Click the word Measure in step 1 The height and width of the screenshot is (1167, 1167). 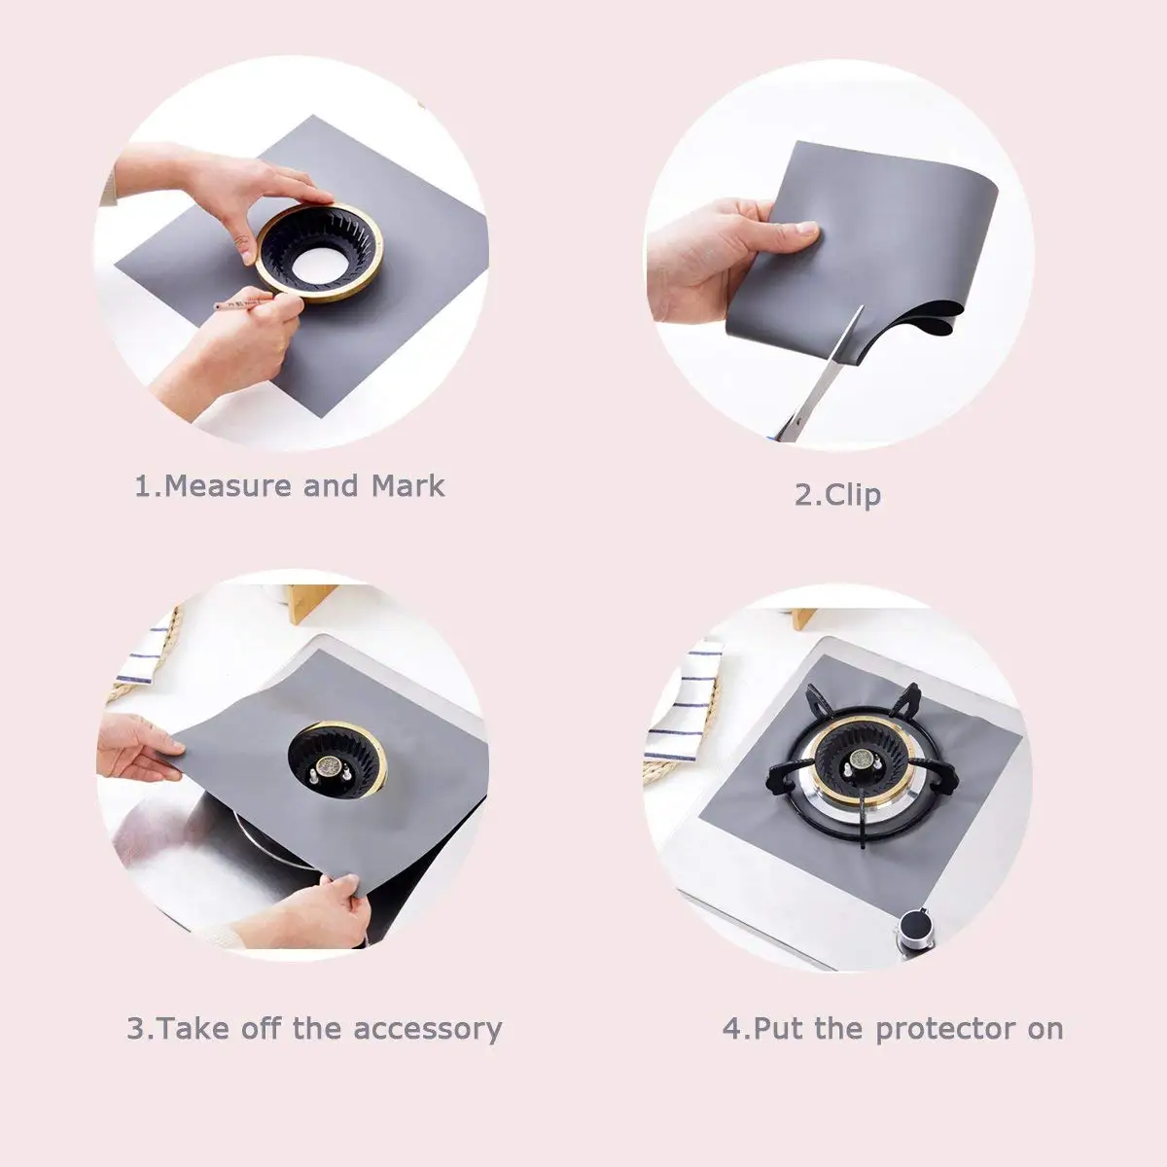click(229, 486)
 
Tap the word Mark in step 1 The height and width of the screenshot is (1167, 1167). click(408, 485)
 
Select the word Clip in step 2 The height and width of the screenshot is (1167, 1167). click(852, 495)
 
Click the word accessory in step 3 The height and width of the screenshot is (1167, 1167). click(428, 1029)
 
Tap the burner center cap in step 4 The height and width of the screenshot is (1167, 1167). click(860, 759)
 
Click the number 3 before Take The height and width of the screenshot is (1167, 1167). click(135, 1029)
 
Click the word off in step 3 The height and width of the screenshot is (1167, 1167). click(261, 1028)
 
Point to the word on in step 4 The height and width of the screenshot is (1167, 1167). click(1045, 1030)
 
